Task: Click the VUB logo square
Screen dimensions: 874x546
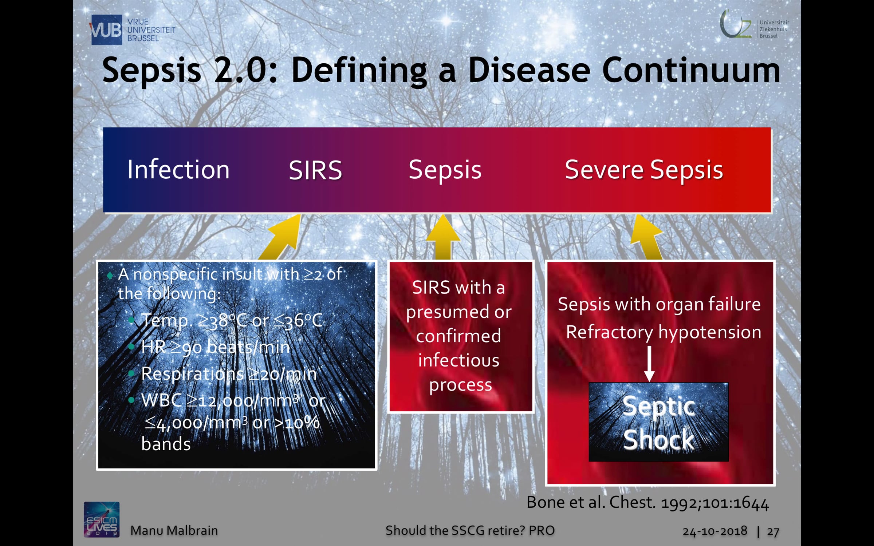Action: coord(106,29)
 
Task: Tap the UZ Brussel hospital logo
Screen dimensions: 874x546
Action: coord(754,25)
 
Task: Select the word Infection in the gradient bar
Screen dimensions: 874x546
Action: coord(178,170)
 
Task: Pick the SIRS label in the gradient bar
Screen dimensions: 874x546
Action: coord(315,170)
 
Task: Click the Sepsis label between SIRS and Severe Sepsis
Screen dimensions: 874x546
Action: coord(445,170)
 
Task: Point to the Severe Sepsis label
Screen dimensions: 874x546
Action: coord(644,170)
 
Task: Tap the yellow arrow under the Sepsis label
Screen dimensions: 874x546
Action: coord(443,237)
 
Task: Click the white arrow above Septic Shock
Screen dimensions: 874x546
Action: coord(649,363)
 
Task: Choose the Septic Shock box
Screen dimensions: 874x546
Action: coord(659,422)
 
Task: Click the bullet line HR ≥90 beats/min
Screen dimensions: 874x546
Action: coord(216,347)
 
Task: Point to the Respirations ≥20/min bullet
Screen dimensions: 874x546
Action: coord(229,373)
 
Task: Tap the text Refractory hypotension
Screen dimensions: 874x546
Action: coord(664,332)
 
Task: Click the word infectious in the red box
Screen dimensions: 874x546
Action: coord(459,360)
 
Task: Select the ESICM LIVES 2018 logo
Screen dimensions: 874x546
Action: coord(102,519)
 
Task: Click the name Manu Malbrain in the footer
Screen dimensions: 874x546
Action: coord(174,530)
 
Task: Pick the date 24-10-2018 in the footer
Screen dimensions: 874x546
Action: coord(715,531)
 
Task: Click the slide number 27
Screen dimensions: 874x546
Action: coord(773,531)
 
